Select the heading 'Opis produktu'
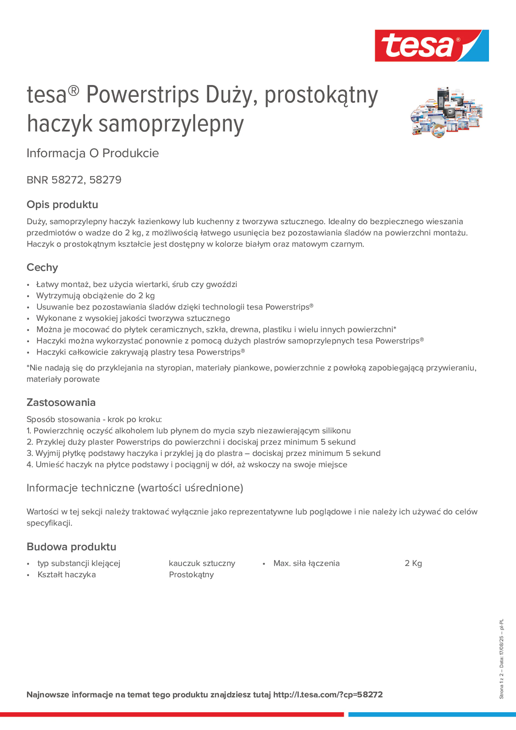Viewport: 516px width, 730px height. pyautogui.click(x=62, y=204)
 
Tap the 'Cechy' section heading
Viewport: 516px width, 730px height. pyautogui.click(x=42, y=267)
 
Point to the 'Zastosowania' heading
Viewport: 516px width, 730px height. pyautogui.click(x=61, y=402)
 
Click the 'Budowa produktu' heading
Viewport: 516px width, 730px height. pyautogui.click(x=72, y=547)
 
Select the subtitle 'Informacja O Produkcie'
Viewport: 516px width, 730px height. pyautogui.click(x=93, y=153)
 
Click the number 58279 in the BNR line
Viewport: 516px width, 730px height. pyautogui.click(x=105, y=180)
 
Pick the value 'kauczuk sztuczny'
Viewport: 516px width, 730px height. pyautogui.click(x=202, y=563)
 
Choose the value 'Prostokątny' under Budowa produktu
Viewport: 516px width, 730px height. pyautogui.click(x=191, y=574)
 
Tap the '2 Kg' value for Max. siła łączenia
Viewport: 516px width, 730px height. pyautogui.click(x=413, y=563)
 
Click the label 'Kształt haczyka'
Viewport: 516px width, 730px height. pyautogui.click(x=66, y=574)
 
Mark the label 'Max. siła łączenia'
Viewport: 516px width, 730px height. pyautogui.click(x=306, y=563)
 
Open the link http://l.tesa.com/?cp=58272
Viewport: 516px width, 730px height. pyautogui.click(x=328, y=694)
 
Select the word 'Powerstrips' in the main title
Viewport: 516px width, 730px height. pyautogui.click(x=143, y=95)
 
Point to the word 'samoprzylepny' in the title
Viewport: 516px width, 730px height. pyautogui.click(x=171, y=124)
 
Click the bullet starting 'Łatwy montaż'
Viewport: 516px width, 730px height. pyautogui.click(x=137, y=284)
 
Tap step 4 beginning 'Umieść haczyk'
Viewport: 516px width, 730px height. pyautogui.click(x=187, y=465)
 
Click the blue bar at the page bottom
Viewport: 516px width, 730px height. pyautogui.click(x=432, y=714)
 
